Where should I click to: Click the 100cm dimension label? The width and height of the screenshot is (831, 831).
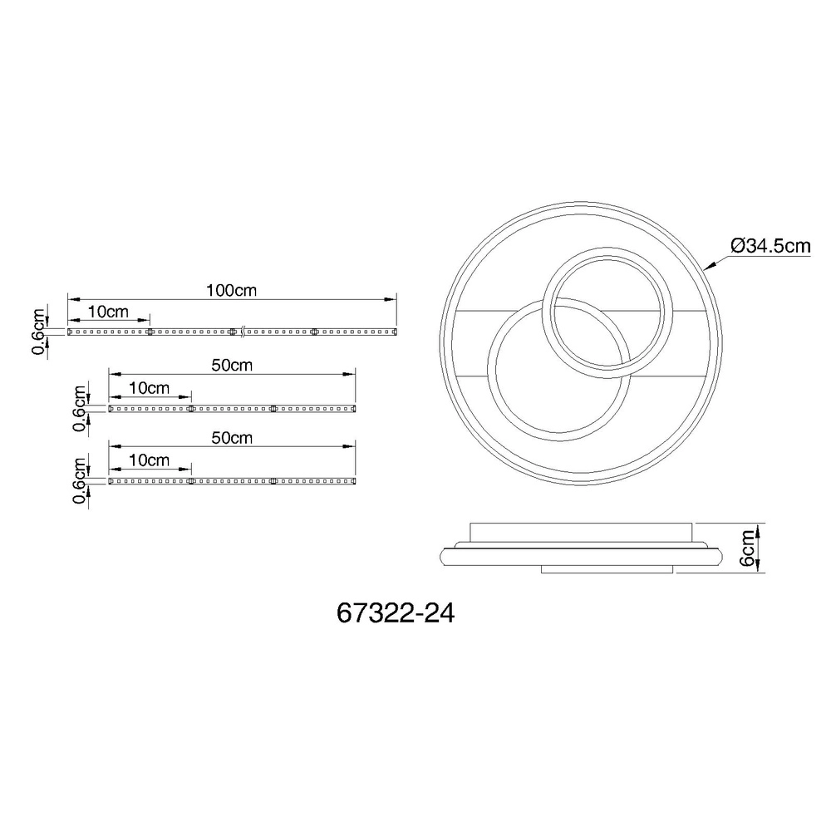point(231,290)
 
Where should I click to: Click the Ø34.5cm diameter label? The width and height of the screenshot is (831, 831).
point(770,246)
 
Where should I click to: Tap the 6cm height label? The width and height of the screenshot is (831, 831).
point(747,548)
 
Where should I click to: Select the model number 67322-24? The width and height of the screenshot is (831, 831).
point(396,614)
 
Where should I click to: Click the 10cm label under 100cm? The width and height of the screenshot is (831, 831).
point(108,312)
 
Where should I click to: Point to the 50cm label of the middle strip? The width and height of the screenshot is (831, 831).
point(232,365)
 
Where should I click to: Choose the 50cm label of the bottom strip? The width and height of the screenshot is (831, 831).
point(232,438)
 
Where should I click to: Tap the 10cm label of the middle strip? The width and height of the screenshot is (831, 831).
point(149,388)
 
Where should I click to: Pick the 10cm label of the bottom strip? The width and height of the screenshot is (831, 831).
point(149,460)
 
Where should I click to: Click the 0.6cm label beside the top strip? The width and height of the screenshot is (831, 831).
point(39,332)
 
